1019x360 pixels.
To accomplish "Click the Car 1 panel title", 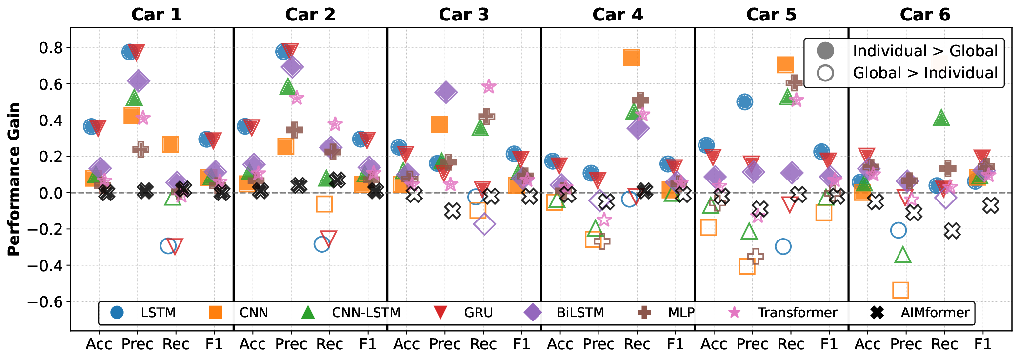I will tap(156, 15).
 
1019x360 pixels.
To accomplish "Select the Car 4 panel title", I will tap(618, 15).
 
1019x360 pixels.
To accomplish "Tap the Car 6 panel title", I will tap(925, 15).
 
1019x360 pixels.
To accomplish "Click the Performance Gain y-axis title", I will tap(14, 179).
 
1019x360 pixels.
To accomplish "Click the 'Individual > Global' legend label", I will tap(925, 51).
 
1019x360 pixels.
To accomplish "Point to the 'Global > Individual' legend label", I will tap(925, 73).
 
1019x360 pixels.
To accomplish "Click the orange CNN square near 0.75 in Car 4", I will tap(631, 58).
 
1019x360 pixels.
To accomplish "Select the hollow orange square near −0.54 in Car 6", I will tap(900, 290).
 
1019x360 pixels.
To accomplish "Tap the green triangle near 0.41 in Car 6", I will tap(941, 118).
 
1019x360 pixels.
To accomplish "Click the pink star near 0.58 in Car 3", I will tap(489, 87).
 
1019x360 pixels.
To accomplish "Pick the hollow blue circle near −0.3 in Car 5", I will tap(783, 246).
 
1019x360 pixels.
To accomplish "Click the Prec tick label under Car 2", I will tap(291, 344).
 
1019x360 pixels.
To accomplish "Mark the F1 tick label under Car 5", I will tap(829, 344).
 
